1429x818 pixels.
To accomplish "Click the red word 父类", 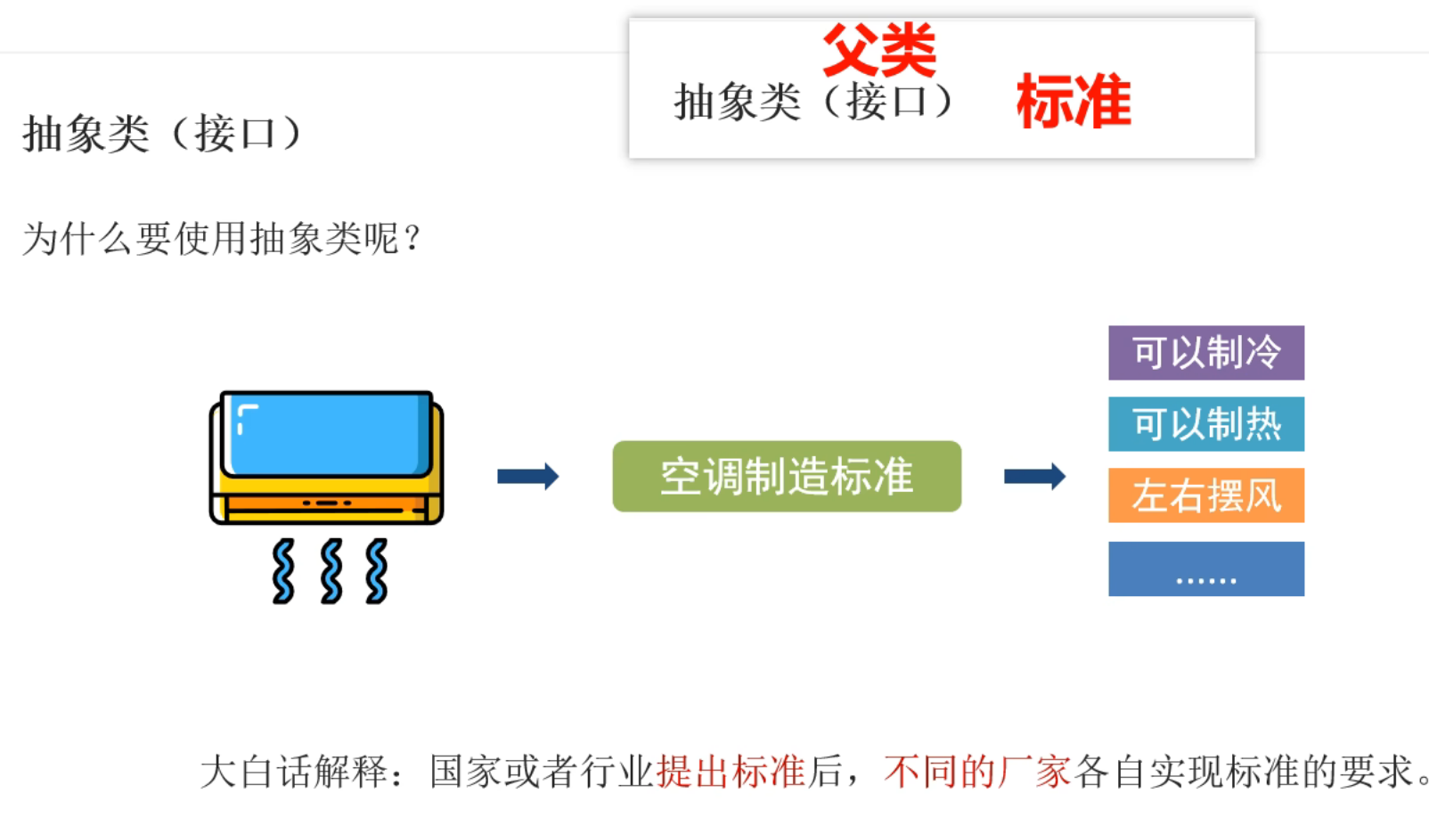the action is point(878,51).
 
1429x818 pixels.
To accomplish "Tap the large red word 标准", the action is point(1074,102).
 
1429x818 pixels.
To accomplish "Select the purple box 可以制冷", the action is point(1205,353).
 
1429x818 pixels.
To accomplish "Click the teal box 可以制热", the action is point(1205,424).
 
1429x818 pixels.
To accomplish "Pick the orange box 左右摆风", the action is point(1205,495).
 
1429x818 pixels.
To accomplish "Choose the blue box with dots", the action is point(1205,569).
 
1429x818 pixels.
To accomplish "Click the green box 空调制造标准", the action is point(786,476).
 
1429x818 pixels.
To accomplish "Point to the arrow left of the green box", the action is point(527,476).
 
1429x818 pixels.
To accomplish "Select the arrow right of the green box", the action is point(1034,476).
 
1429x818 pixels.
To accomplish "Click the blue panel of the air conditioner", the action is point(327,433).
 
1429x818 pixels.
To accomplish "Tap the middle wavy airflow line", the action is point(331,571).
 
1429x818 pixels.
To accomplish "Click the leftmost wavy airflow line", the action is point(283,571).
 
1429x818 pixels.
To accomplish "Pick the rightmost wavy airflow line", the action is point(377,571).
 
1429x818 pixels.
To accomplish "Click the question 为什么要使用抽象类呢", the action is point(222,239).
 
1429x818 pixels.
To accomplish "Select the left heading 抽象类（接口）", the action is point(162,135).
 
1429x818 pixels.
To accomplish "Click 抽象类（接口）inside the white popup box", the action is point(814,102).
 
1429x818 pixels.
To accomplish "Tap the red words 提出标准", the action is point(731,772).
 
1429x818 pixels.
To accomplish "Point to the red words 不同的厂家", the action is point(977,772).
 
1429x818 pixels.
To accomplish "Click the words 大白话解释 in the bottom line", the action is point(294,772).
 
